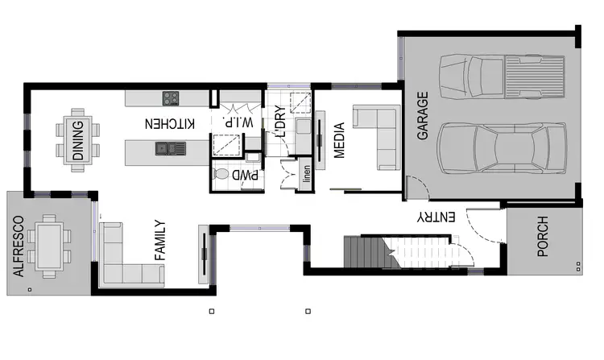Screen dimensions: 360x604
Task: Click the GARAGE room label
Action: [x=423, y=116]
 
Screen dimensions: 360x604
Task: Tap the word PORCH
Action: [x=543, y=237]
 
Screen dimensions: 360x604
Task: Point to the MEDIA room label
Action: [x=339, y=141]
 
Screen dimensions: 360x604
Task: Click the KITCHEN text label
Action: [x=170, y=124]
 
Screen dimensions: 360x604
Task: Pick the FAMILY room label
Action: [x=159, y=241]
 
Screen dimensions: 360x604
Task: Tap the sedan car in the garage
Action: [x=504, y=151]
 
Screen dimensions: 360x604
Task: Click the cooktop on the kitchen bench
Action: [x=172, y=99]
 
